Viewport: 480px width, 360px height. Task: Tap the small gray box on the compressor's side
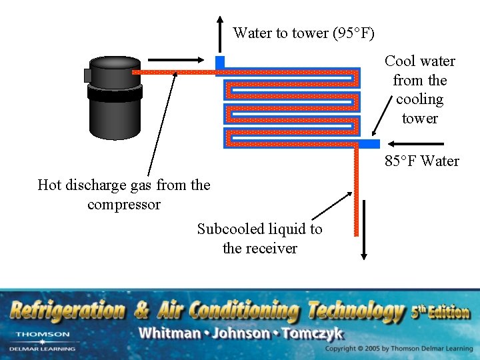click(x=87, y=75)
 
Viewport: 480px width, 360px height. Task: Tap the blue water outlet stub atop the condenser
click(x=220, y=62)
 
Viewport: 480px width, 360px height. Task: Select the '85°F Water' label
click(x=421, y=161)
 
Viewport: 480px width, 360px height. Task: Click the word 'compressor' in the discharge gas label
click(x=124, y=205)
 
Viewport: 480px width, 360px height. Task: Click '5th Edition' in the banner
click(x=440, y=312)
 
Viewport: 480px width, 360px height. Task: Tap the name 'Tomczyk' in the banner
click(x=313, y=333)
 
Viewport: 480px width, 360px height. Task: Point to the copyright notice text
click(x=399, y=349)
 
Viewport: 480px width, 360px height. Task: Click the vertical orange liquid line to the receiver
click(x=356, y=200)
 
